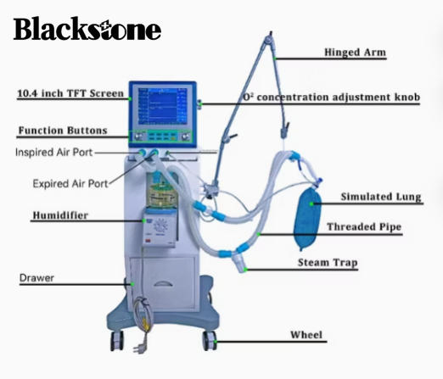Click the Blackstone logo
coord(87,30)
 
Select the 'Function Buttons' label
coord(64,131)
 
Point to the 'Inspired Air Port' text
coord(65,153)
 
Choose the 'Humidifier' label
coord(60,215)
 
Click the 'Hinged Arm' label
coord(355,53)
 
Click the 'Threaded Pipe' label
coord(364,227)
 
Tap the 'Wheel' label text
coord(306,336)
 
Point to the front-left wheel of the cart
coord(115,340)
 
